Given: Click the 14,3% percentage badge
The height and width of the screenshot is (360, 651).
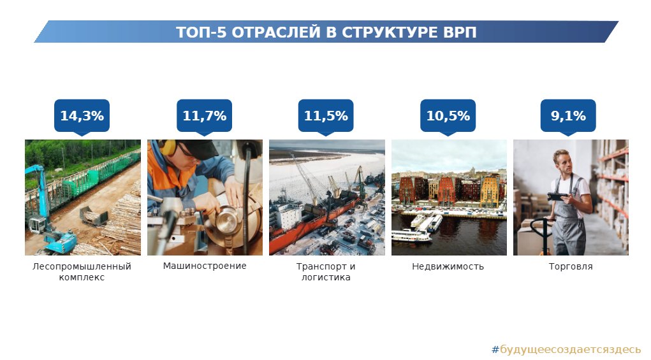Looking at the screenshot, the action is point(82,116).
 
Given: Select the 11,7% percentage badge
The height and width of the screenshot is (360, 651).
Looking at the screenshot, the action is point(204,116).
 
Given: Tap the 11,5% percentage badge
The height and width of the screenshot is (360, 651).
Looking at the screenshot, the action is point(326,116).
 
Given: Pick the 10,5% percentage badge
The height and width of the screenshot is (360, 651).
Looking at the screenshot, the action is point(448,116).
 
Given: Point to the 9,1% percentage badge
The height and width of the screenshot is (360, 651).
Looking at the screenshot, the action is point(568,116).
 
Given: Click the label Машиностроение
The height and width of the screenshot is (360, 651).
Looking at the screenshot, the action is point(205,266).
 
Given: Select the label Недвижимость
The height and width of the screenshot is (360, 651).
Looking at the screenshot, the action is point(448,267).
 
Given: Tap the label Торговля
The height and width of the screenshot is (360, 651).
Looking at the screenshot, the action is point(571,267).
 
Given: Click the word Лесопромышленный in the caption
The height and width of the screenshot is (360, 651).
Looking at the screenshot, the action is point(82,267).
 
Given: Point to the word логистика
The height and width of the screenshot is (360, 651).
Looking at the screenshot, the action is point(326,277).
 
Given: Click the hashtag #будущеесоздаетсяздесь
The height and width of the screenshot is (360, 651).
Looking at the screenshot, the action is point(566,350).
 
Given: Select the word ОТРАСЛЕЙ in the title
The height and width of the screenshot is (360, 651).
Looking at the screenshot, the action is point(276,32).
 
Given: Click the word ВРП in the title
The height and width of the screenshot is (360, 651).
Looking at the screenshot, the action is point(460,32).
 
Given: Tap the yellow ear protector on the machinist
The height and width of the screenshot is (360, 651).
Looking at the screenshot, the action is point(167,147).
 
